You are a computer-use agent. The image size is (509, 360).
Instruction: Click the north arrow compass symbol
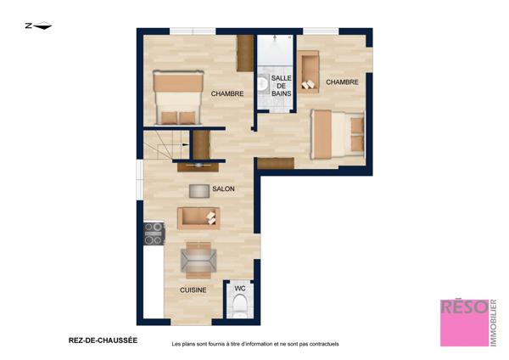click(x=38, y=25)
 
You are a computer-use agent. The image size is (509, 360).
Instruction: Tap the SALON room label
click(x=223, y=188)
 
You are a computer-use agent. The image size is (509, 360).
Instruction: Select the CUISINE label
click(x=193, y=290)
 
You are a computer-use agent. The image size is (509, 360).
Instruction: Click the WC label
click(x=240, y=288)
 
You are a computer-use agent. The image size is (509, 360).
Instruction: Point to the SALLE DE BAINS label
click(x=282, y=86)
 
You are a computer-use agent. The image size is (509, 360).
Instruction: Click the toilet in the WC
click(x=240, y=306)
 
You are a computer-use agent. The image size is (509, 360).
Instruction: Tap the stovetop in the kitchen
click(x=154, y=233)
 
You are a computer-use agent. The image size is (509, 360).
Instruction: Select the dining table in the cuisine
click(x=199, y=261)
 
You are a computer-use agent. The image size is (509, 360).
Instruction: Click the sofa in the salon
click(x=199, y=217)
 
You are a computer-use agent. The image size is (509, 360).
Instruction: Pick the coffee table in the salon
click(x=199, y=191)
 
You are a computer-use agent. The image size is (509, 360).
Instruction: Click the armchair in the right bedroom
click(x=309, y=72)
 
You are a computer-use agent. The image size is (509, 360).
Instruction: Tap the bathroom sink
click(x=262, y=83)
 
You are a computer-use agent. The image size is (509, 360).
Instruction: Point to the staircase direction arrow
click(x=186, y=144)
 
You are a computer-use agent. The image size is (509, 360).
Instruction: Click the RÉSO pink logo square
click(x=465, y=323)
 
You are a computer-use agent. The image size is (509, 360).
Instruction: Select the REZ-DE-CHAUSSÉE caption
click(x=103, y=340)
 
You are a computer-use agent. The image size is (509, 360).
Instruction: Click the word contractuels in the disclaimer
click(x=324, y=344)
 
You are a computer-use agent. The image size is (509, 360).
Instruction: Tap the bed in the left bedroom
click(x=178, y=98)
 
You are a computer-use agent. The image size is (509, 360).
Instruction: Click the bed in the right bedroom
click(x=338, y=134)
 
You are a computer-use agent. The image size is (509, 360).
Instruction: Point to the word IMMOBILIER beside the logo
click(x=493, y=323)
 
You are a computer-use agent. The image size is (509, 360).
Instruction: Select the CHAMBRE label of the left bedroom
click(x=227, y=93)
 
